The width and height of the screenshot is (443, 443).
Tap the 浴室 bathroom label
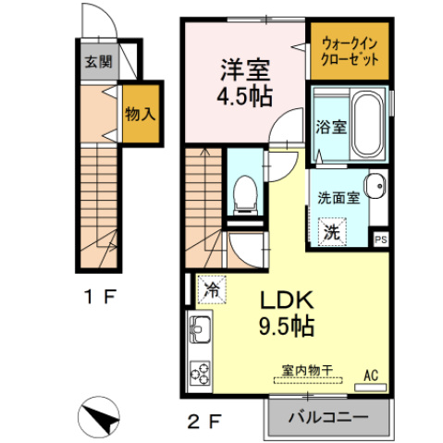[330, 127]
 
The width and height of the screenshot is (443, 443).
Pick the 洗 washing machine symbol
[331, 232]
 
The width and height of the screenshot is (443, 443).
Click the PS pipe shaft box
[380, 240]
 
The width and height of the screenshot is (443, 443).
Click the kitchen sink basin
[200, 329]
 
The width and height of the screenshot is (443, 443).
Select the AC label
[371, 375]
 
